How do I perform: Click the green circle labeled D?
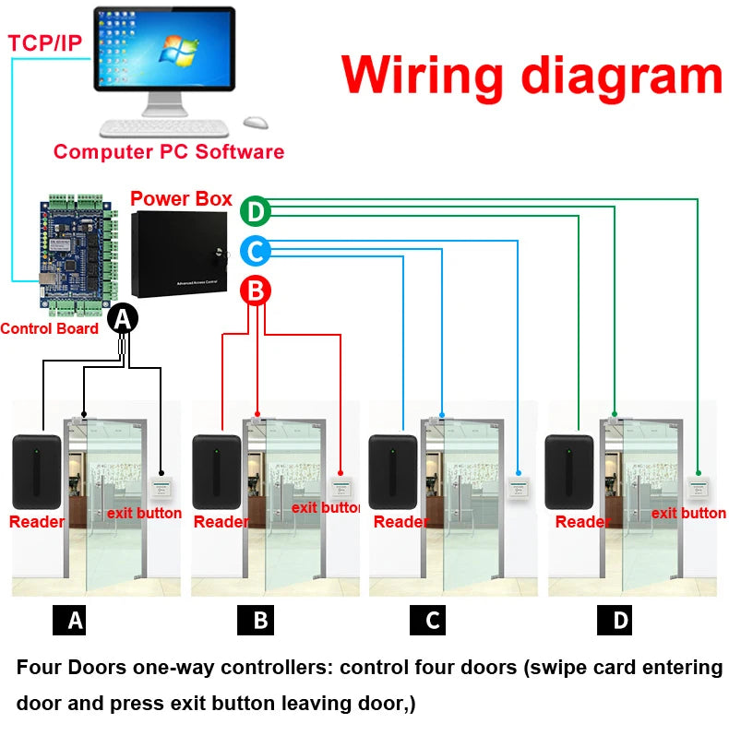coord(255,212)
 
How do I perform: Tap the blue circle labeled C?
coord(255,251)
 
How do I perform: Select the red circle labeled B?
coord(256,291)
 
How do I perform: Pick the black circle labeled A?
coord(123,320)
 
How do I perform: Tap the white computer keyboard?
coord(164,128)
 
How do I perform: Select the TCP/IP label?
coord(44,41)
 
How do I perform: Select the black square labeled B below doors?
coord(260,620)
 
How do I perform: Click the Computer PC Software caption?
coord(169,152)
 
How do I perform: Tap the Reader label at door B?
coord(221,522)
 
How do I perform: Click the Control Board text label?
coord(49,328)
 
